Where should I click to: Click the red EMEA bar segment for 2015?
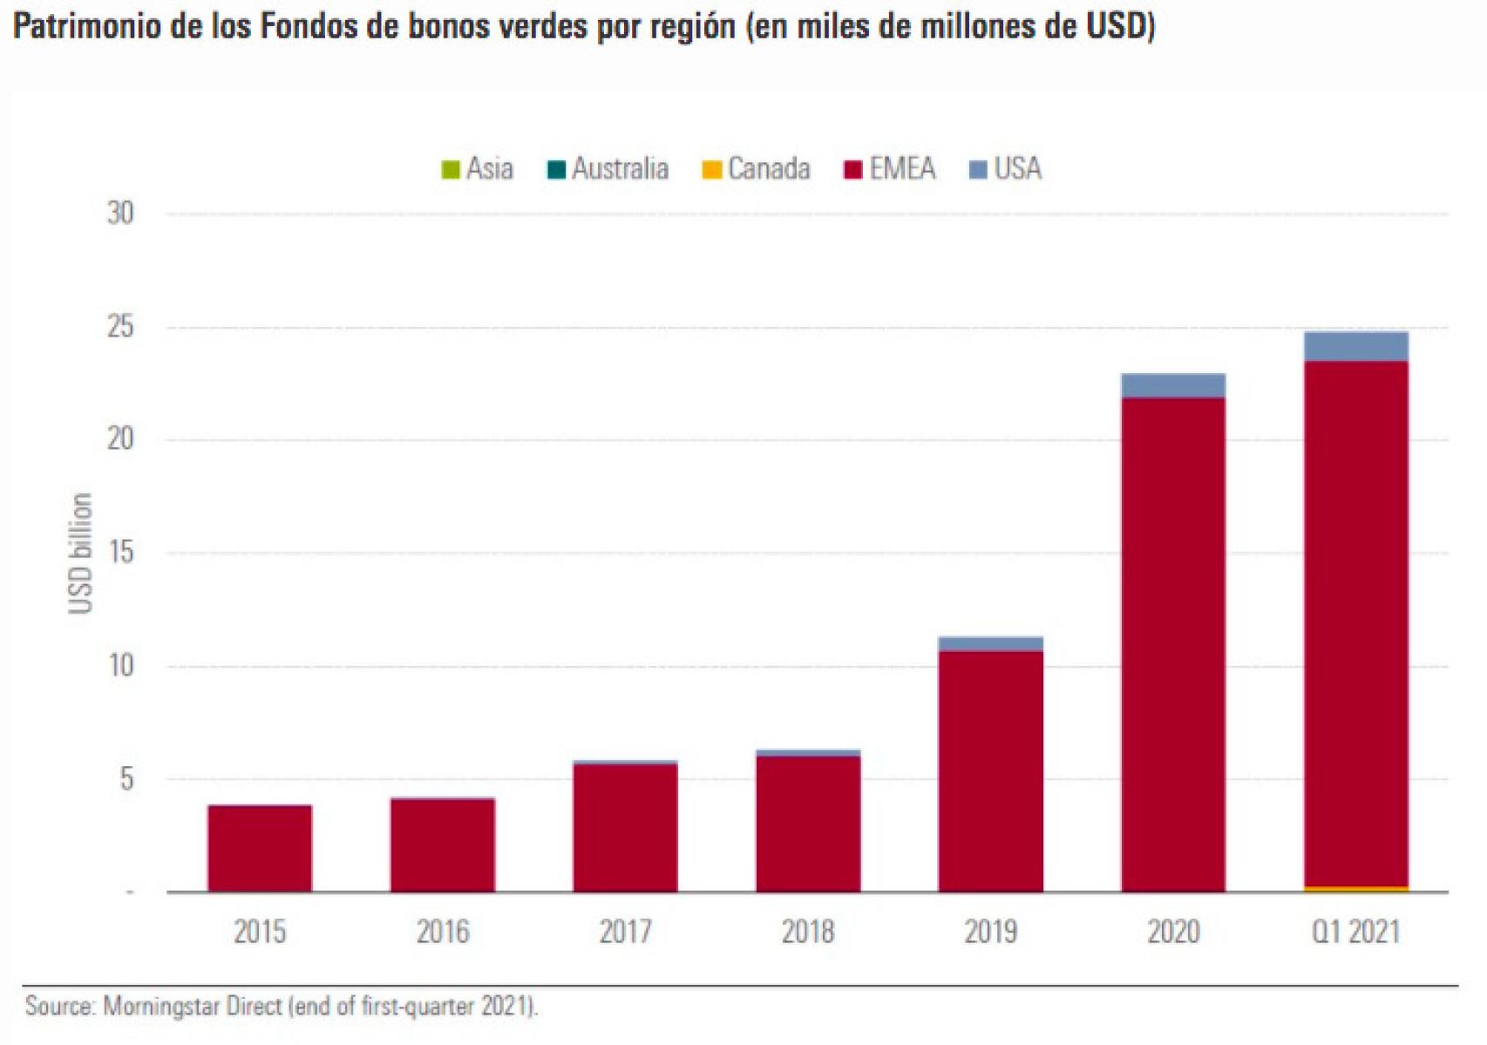pos(260,848)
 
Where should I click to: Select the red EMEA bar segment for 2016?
pos(443,845)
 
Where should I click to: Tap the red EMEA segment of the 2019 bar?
pos(990,771)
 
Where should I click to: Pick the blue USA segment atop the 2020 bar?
pos(1173,385)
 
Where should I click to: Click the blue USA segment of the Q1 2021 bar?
pos(1355,347)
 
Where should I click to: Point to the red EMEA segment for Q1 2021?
pos(1355,623)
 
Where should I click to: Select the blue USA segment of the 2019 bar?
pos(990,644)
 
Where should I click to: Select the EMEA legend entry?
pos(891,168)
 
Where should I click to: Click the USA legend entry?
pos(1006,168)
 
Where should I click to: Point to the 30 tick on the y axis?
pos(120,214)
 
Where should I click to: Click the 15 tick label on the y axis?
pos(120,553)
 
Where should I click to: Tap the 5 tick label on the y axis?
pos(127,779)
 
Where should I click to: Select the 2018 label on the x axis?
pos(807,933)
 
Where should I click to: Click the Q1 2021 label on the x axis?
pos(1355,933)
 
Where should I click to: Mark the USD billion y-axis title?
pos(80,553)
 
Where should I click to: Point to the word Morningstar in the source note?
pos(161,1007)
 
